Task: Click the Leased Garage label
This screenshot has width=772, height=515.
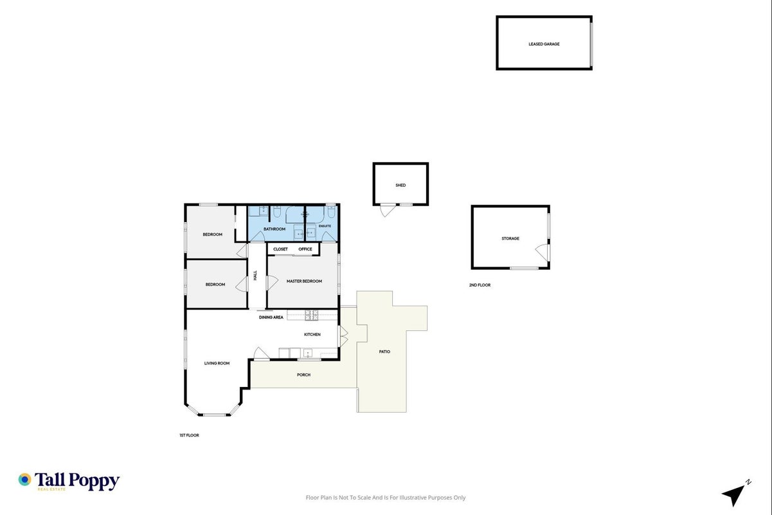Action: click(544, 44)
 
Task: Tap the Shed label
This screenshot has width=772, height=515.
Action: click(400, 185)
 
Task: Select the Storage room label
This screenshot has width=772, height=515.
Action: click(510, 239)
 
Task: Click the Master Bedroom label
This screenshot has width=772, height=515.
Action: click(304, 281)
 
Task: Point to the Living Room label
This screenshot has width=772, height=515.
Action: click(217, 363)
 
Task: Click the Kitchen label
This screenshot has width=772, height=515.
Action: click(312, 335)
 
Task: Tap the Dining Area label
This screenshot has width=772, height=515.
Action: click(271, 317)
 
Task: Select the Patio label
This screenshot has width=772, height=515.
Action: click(384, 351)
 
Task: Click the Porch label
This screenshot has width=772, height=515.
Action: click(303, 375)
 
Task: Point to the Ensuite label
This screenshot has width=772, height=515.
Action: click(325, 226)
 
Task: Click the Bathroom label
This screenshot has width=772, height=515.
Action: click(274, 229)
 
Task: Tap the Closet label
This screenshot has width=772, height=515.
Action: click(280, 249)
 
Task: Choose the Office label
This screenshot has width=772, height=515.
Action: click(305, 249)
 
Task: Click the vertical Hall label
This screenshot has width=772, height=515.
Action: click(255, 276)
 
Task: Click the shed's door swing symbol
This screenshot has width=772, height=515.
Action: click(388, 211)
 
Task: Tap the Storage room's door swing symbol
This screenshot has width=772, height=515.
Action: click(543, 252)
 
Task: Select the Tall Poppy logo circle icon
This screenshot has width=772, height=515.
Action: click(25, 480)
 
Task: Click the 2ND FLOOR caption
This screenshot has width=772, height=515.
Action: click(480, 285)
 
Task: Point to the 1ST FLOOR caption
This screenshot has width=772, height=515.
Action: click(189, 435)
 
